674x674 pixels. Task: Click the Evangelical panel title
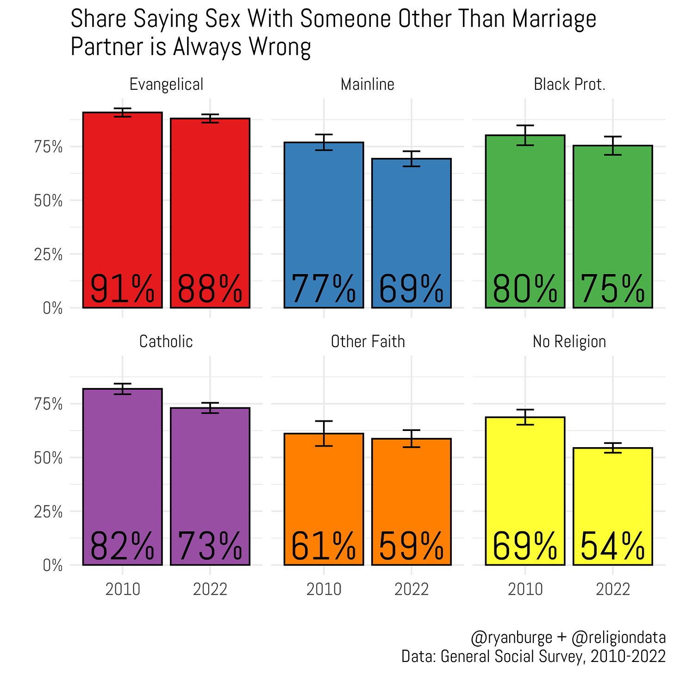[166, 85]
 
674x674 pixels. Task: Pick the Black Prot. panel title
[569, 85]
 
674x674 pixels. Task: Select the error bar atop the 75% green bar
[612, 145]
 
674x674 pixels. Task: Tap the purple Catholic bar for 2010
[122, 463]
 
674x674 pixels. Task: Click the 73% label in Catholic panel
[210, 546]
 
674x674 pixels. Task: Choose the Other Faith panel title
[368, 342]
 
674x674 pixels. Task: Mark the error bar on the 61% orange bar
[324, 433]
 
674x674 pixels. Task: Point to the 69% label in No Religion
[525, 546]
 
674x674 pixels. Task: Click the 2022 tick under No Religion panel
[612, 589]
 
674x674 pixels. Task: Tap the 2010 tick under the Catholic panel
[122, 589]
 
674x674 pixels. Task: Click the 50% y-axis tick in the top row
[48, 201]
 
